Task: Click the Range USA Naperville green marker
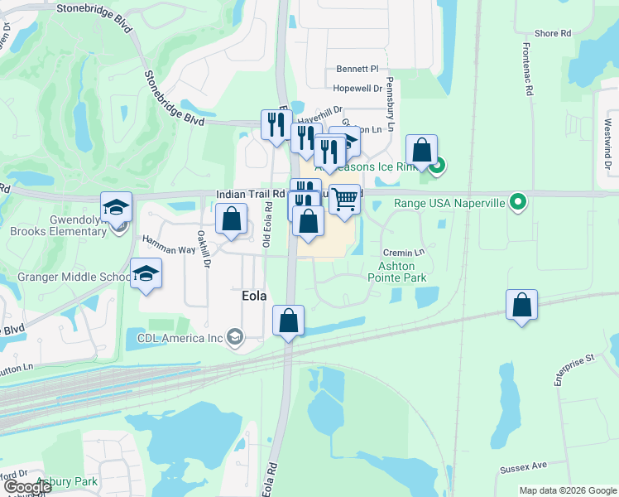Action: (x=518, y=201)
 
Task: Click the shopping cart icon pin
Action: (x=344, y=199)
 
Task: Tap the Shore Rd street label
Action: (x=553, y=34)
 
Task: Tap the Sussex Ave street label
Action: (x=524, y=468)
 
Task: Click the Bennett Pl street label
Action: (x=357, y=69)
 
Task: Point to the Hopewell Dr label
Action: (x=357, y=88)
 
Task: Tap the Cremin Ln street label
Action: (x=403, y=252)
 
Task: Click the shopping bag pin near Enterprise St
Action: (x=521, y=306)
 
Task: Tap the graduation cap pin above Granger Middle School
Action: (x=145, y=274)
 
